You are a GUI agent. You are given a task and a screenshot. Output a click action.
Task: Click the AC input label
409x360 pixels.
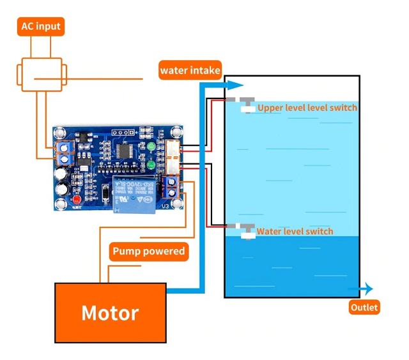click(41, 26)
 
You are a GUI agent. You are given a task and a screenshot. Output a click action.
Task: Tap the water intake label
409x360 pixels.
click(190, 70)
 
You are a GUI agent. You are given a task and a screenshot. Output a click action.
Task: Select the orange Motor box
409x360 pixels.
click(109, 313)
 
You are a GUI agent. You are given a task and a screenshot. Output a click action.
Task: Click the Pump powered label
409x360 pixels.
click(148, 251)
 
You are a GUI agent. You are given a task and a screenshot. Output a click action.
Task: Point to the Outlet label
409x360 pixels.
click(364, 308)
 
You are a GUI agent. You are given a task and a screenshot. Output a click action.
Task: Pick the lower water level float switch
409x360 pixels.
click(245, 231)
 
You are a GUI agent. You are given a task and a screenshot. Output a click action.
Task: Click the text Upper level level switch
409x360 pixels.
click(307, 108)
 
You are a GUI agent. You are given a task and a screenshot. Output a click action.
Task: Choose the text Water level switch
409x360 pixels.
click(295, 231)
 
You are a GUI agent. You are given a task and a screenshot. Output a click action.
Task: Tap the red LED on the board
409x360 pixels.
click(76, 201)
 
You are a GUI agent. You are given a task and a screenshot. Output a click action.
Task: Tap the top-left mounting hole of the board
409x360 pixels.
click(60, 133)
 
